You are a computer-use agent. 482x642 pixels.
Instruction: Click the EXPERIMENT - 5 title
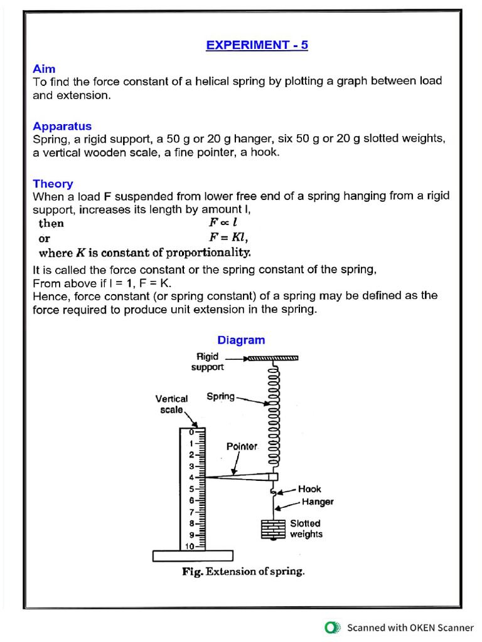pos(257,45)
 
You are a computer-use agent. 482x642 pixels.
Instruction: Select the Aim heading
pos(44,69)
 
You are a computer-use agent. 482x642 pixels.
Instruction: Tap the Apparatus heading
pos(62,126)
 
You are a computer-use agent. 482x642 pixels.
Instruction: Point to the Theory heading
pos(53,184)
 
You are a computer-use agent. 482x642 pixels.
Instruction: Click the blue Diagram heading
pos(241,340)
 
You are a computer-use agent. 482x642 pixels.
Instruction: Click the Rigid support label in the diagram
pos(207,362)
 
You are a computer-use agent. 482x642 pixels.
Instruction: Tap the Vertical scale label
pos(171,404)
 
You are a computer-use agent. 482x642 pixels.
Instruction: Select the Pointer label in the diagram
pos(242,446)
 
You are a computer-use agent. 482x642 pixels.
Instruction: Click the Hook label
pos(309,489)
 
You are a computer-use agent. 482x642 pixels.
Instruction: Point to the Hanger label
pos(318,502)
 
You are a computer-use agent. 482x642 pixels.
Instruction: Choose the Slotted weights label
pos(306,529)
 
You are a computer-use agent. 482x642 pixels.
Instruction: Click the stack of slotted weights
pos(273,529)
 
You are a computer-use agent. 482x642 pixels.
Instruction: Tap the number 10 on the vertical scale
pos(188,546)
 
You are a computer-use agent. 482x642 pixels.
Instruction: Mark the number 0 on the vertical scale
pos(191,432)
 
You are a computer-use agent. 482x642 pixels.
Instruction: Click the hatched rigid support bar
pos(272,359)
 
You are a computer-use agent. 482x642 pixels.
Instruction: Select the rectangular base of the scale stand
pos(193,556)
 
